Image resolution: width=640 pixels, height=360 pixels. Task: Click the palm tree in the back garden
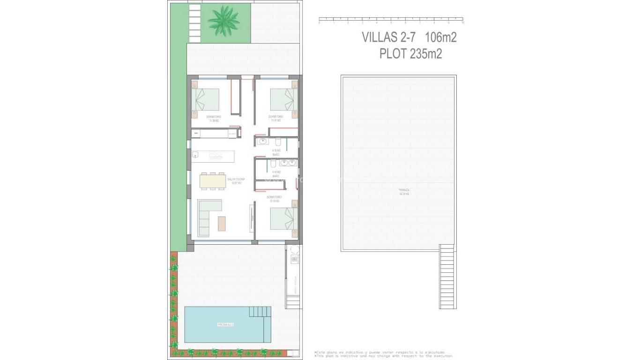pos(223,20)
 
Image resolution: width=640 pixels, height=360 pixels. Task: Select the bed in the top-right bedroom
pos(283,99)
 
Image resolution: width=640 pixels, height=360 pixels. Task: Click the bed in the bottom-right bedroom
pos(283,219)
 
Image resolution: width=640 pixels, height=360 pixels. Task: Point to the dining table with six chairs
pos(213,181)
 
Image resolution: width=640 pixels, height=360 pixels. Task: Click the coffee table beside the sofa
pos(221,223)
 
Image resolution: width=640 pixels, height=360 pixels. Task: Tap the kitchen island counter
pos(213,156)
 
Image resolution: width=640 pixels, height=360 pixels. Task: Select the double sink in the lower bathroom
pos(288,163)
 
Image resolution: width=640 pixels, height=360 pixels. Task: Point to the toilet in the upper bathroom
pos(278,142)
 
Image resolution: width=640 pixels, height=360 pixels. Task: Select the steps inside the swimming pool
pos(260,312)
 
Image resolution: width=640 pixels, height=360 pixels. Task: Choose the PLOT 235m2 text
pos(410,54)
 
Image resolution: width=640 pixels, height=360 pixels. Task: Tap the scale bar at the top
pos(391,21)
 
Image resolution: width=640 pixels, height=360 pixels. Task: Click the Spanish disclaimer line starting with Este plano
pos(380,352)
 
